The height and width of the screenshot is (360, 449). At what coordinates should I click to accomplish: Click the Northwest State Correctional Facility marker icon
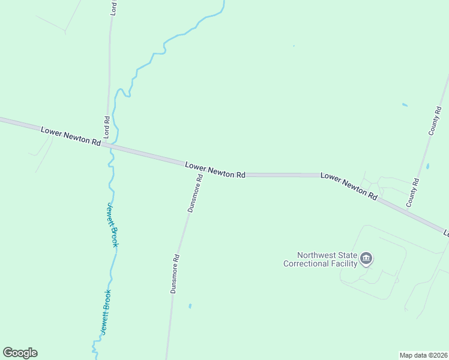[x=366, y=259]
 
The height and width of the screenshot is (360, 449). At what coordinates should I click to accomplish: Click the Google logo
[x=20, y=353]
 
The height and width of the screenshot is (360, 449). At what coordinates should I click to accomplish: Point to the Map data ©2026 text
[x=424, y=355]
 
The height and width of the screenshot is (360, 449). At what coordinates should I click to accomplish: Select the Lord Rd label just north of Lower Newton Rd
[x=107, y=127]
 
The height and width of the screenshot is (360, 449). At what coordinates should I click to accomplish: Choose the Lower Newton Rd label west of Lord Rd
[x=71, y=136]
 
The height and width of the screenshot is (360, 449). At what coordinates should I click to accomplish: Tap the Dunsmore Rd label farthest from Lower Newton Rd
[x=175, y=274]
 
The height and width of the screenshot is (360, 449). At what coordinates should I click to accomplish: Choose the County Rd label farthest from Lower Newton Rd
[x=435, y=121]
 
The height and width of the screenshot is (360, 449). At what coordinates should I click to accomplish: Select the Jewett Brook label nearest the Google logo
[x=106, y=311]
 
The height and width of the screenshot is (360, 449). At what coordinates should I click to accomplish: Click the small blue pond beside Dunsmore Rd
[x=190, y=306]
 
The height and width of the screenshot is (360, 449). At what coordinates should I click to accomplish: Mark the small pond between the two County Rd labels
[x=427, y=166]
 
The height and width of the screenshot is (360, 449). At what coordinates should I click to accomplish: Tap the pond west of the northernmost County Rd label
[x=405, y=105]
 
